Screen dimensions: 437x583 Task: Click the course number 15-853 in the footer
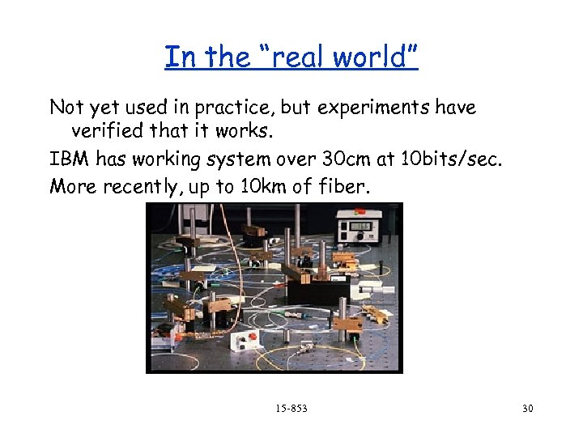pos(291,408)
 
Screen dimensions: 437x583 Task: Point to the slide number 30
pos(528,408)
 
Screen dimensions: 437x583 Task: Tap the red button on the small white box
pos(251,336)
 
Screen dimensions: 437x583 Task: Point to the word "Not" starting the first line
pos(66,108)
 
